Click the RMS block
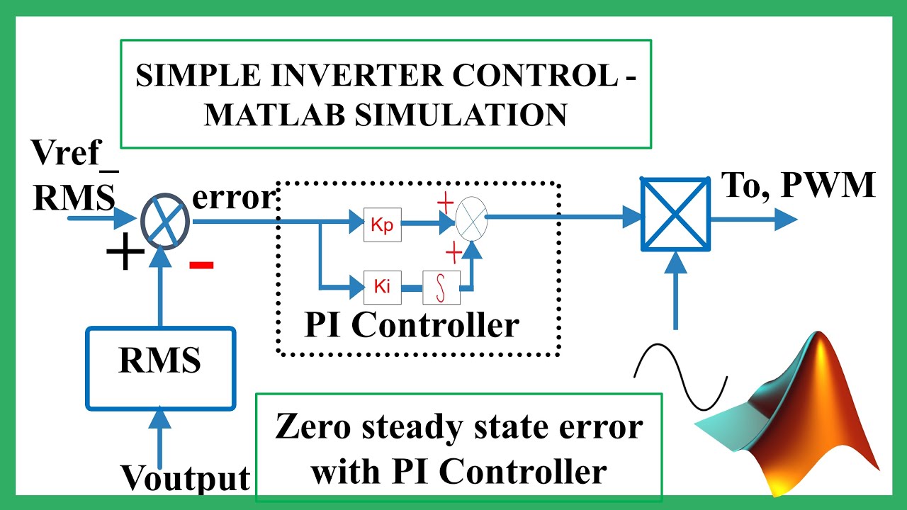click(160, 368)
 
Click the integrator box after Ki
click(441, 287)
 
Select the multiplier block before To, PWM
click(675, 214)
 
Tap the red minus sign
click(201, 265)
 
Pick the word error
click(232, 198)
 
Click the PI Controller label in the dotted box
click(412, 325)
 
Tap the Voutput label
click(185, 479)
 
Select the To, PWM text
click(798, 185)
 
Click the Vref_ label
click(74, 153)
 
